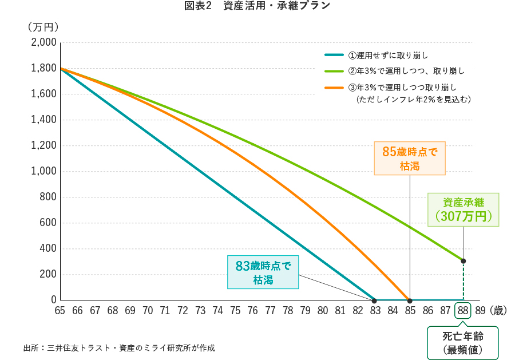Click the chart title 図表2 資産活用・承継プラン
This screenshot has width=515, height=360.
257,6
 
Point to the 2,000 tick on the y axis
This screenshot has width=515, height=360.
43,42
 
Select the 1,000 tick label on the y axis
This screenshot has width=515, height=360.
43,171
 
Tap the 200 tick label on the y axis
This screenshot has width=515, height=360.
49,274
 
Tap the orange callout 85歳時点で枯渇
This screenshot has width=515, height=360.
409,159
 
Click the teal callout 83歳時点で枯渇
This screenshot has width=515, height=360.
263,272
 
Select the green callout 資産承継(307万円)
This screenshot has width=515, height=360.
463,209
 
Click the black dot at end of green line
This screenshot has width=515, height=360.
463,261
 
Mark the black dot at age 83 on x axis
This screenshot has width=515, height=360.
374,300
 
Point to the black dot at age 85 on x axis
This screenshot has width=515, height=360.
410,300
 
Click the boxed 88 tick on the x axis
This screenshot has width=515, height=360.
463,311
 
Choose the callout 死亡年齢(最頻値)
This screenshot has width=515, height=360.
463,343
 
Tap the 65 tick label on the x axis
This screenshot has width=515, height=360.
60,311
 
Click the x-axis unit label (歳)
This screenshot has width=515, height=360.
498,311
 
